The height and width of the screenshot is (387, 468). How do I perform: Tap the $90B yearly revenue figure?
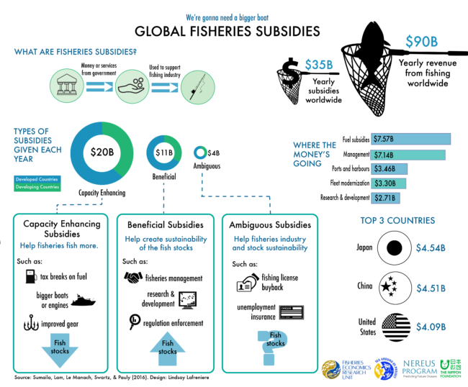421,42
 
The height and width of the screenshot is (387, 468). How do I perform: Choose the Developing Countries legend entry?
37,187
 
